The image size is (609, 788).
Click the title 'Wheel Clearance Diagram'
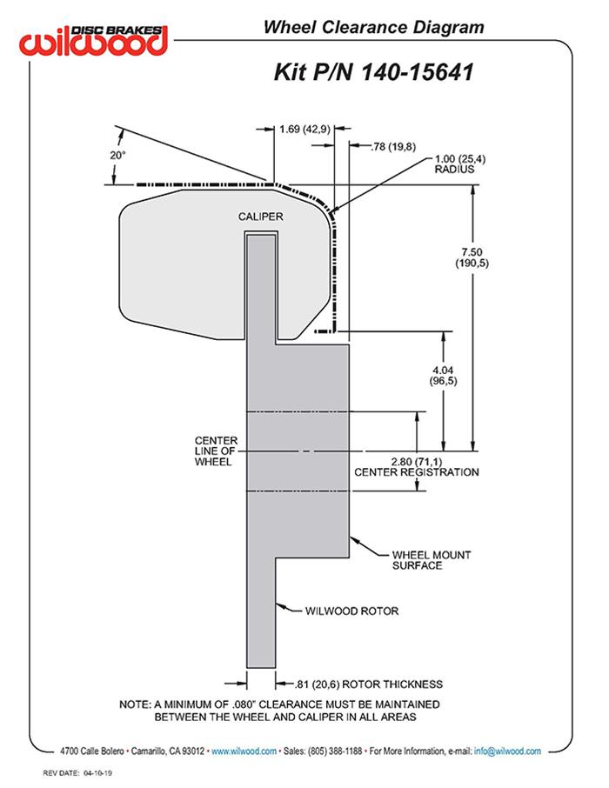(x=373, y=28)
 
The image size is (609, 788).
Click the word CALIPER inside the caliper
(x=262, y=216)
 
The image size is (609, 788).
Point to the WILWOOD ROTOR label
(x=351, y=611)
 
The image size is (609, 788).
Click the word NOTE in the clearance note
(x=137, y=704)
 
